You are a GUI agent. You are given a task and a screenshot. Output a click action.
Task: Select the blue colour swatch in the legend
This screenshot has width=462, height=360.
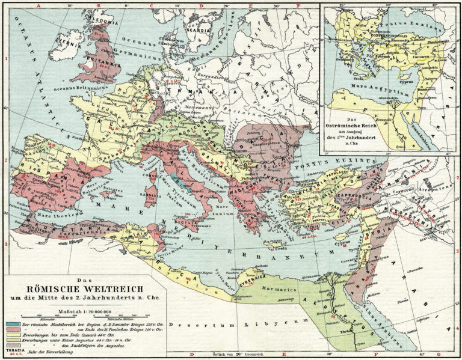[x=13, y=324]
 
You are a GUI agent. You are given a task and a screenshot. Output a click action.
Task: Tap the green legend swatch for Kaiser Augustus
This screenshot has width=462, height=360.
[x=13, y=340]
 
